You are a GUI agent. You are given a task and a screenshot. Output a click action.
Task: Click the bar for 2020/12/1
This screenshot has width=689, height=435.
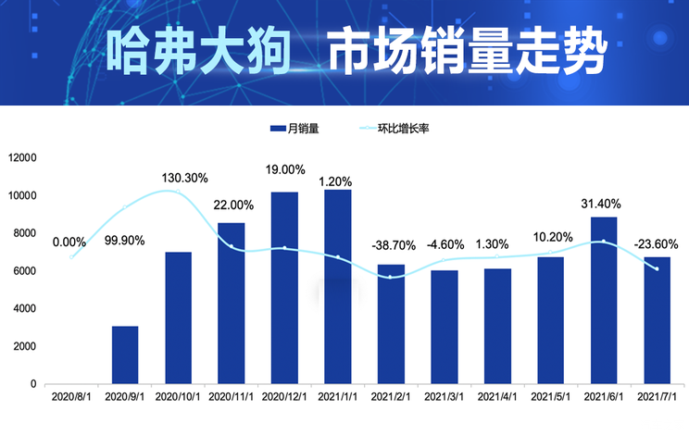pos(284,288)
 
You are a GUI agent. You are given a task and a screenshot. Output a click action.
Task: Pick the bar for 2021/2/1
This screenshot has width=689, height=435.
pos(391,324)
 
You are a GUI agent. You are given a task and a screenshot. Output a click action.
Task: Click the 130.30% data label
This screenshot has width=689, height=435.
pos(184,178)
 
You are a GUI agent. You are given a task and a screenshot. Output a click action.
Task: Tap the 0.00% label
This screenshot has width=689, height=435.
pos(69,242)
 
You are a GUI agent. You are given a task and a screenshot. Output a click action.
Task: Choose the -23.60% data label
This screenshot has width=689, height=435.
pos(657,244)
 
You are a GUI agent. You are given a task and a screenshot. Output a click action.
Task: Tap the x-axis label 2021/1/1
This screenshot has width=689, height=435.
pos(337,397)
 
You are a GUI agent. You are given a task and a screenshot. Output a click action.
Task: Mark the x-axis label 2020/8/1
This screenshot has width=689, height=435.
pos(71,397)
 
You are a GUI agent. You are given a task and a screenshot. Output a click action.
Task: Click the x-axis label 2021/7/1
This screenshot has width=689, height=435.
pos(657,397)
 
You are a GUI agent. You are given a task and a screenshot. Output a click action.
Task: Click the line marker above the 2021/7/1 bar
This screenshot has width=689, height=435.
pos(657,268)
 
